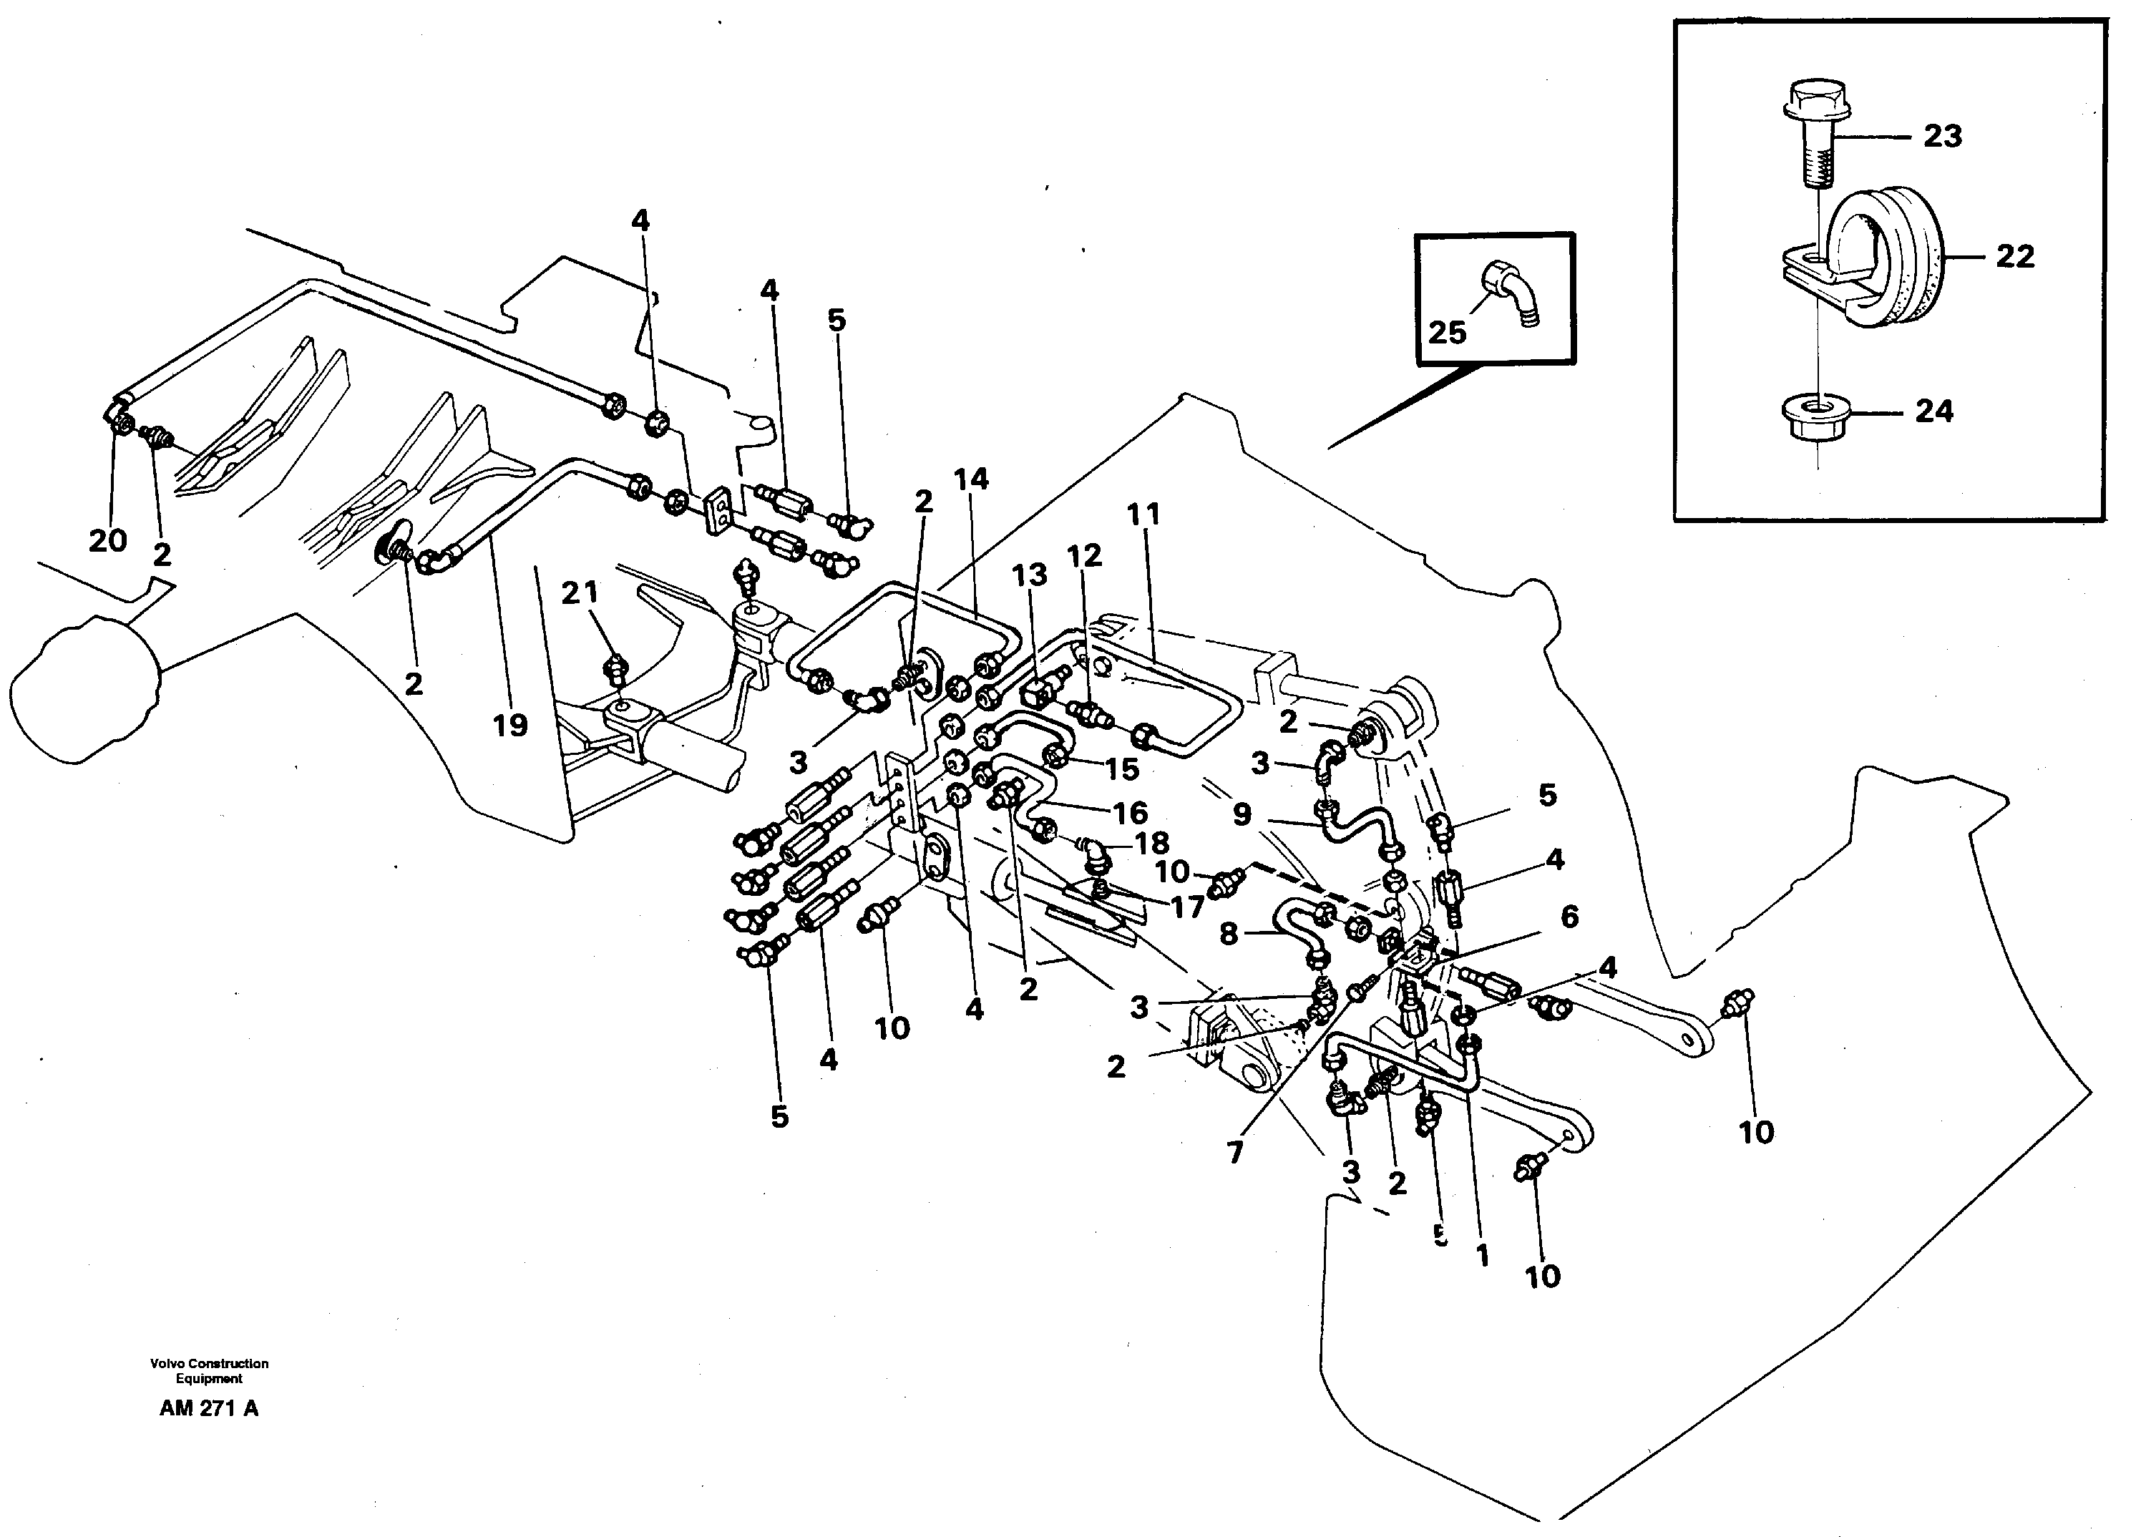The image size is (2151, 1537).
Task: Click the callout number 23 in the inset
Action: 1942,136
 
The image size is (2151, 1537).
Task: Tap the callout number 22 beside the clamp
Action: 2014,256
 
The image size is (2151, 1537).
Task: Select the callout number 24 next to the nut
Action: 1933,411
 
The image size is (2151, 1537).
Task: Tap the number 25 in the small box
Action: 1447,332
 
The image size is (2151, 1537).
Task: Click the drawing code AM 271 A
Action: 208,1409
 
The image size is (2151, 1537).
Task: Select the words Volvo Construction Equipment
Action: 209,1370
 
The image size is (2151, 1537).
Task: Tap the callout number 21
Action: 579,592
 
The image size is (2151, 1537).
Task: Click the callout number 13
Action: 1030,575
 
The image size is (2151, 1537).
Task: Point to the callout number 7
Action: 1235,1153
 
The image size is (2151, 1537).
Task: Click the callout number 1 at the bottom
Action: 1482,1256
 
